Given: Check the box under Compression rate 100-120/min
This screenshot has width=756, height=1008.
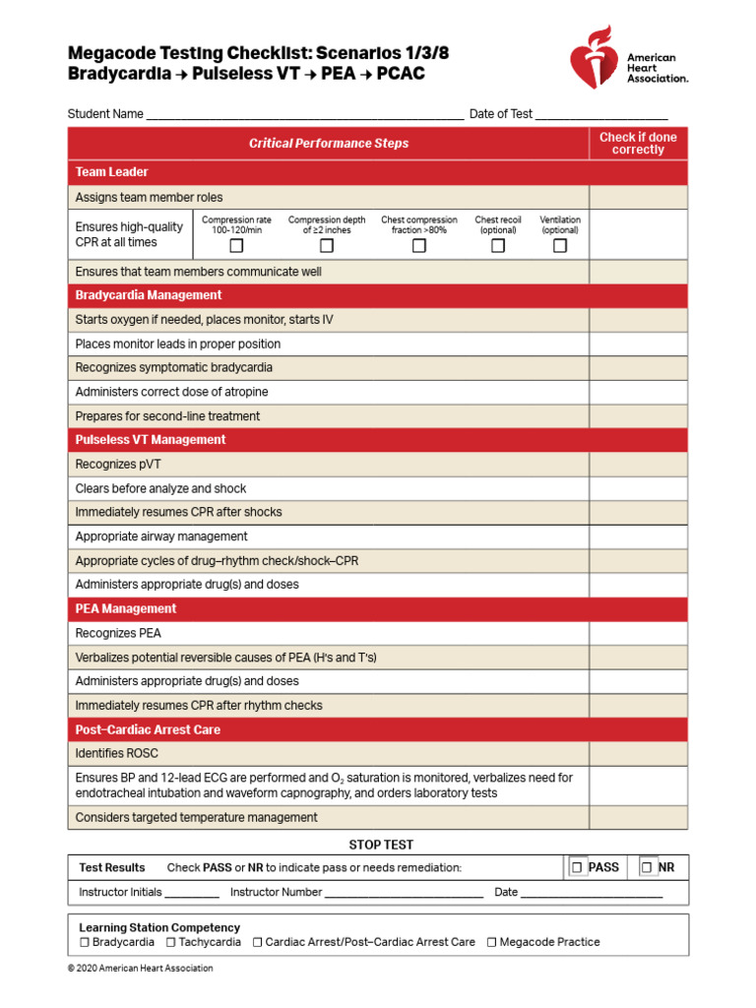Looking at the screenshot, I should click(x=236, y=246).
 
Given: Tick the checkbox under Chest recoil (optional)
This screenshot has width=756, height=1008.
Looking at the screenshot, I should click(x=498, y=246).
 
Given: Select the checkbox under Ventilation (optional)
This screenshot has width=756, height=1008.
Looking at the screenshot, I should click(x=560, y=246).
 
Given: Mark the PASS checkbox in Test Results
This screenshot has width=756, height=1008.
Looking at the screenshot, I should click(x=578, y=867).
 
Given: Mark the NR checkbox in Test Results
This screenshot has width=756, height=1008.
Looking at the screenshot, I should click(x=648, y=867).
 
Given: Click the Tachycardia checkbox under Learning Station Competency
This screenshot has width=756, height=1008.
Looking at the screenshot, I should click(x=171, y=942).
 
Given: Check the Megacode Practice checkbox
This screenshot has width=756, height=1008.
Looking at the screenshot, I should click(x=492, y=942).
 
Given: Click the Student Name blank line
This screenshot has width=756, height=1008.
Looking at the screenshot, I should click(x=304, y=114).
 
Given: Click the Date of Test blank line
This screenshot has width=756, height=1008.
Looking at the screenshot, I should click(x=601, y=114).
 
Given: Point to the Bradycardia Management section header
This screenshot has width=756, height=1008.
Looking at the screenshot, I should click(x=149, y=295).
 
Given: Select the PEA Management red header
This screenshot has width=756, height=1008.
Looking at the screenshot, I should click(x=126, y=609).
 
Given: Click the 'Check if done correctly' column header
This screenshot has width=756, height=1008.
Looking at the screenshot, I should click(x=638, y=144).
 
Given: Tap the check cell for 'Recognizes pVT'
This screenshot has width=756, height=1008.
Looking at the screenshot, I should click(x=638, y=465).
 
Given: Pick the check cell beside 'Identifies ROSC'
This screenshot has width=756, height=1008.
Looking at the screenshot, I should click(x=638, y=754).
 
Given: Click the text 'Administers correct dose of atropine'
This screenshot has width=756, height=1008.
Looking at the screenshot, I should click(x=171, y=392).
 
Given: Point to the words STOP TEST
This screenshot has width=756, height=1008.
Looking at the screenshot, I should click(x=381, y=845).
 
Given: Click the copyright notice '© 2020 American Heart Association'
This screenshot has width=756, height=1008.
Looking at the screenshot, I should click(x=140, y=969).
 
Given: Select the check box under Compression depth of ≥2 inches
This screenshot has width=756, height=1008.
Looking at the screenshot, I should click(x=327, y=246).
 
